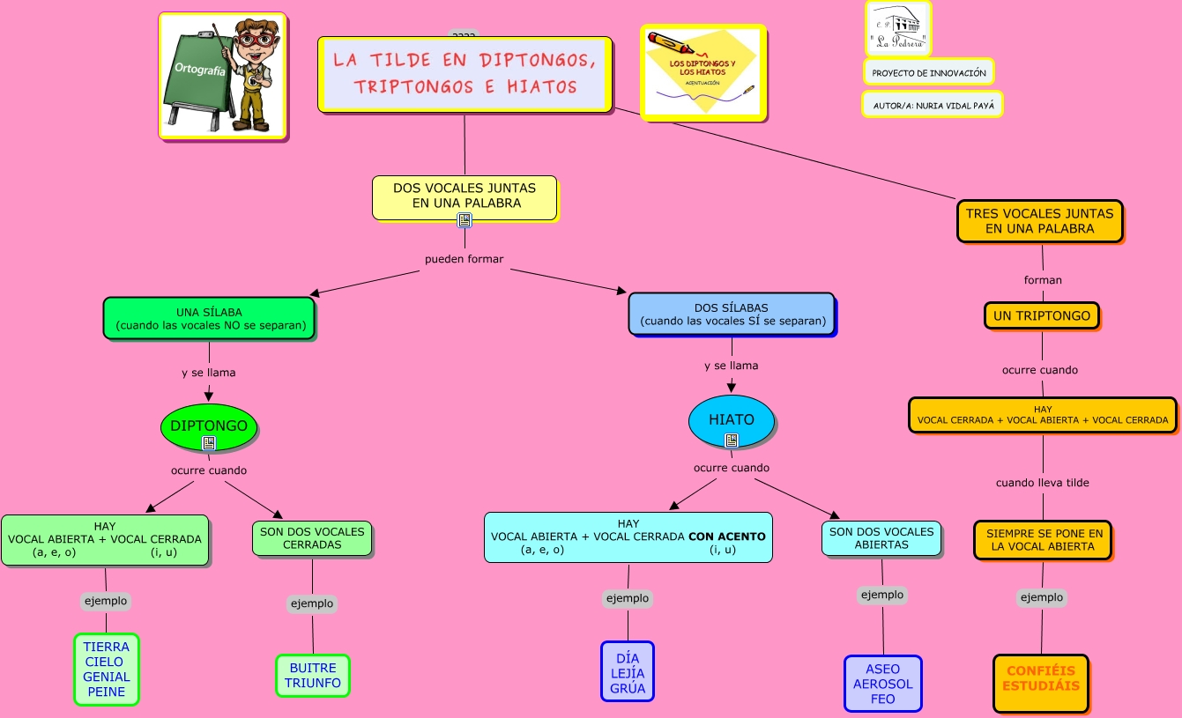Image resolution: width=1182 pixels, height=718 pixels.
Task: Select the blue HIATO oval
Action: coord(732,419)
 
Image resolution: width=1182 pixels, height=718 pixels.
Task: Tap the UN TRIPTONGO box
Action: coord(1042,315)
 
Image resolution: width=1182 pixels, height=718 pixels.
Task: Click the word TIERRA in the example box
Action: coord(107,647)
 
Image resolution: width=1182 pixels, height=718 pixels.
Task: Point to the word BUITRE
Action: coord(313,668)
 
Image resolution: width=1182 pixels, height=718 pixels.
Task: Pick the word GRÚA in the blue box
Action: coord(628,688)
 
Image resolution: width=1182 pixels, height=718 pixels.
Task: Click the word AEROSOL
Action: coord(883,684)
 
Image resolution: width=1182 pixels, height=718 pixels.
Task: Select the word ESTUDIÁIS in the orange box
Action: coord(1041,685)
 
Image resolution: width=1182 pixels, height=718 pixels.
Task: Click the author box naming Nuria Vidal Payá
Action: coord(933,105)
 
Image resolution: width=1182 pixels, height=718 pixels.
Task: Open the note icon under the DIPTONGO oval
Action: coord(209,443)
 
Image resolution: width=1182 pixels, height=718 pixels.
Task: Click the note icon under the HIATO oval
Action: coord(732,440)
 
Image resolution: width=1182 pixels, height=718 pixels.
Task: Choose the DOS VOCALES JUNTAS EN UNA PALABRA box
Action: coord(465,196)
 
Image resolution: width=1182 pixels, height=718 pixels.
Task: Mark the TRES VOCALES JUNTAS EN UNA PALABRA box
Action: coord(1040,220)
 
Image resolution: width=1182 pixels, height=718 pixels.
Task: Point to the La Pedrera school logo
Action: coord(897,28)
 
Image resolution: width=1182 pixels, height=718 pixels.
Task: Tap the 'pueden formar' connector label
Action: coord(465,259)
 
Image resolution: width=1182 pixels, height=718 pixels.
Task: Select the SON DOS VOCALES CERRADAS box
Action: coord(312,538)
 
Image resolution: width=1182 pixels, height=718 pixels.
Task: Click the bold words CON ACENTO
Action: coord(727,536)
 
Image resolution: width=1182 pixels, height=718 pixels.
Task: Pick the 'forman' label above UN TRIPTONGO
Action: coord(1043,280)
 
